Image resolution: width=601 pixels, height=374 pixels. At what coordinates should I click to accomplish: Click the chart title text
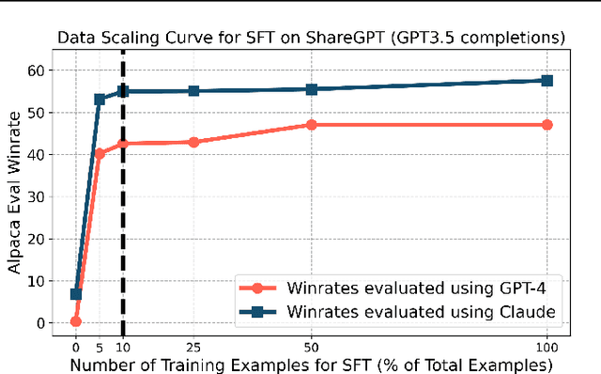(x=312, y=39)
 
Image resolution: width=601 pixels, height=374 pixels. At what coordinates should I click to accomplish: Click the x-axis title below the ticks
(x=312, y=365)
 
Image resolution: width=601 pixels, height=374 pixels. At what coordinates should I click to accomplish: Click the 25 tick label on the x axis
(x=193, y=344)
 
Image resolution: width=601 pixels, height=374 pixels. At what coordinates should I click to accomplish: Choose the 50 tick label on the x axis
(x=312, y=344)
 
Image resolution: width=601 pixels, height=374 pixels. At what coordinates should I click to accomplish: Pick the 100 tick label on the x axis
(x=547, y=344)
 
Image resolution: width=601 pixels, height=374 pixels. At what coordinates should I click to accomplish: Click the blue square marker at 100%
(x=547, y=81)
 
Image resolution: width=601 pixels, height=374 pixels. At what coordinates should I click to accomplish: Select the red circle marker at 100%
(x=547, y=125)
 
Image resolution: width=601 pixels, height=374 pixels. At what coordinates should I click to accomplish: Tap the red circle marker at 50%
(x=312, y=125)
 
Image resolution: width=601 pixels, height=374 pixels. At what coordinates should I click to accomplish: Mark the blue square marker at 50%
(x=312, y=89)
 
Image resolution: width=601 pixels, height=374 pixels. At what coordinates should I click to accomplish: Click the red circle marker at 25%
(x=193, y=142)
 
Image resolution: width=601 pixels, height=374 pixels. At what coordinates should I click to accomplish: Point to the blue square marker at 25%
(x=193, y=91)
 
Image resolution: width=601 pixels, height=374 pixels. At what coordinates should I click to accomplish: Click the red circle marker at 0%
(x=76, y=321)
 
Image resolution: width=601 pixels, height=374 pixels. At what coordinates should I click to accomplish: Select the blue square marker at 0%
(x=76, y=294)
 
